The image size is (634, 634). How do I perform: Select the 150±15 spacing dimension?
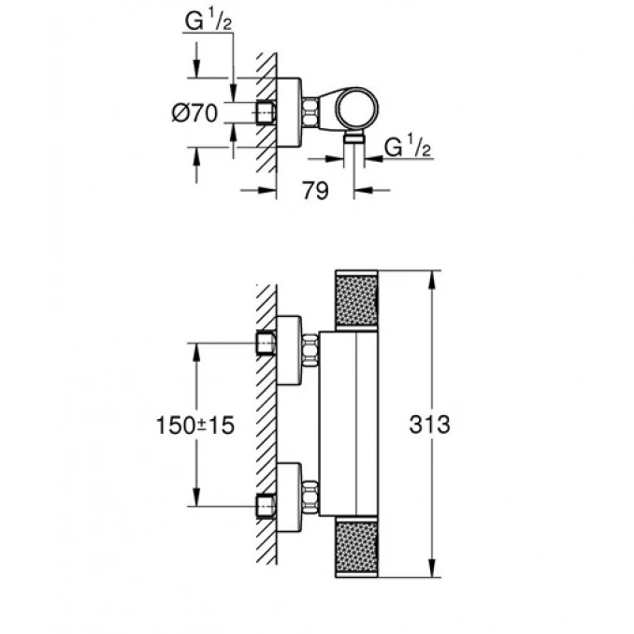[x=195, y=425]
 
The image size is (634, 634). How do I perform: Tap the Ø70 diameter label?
[x=195, y=114]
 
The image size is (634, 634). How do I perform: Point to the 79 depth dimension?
[x=316, y=191]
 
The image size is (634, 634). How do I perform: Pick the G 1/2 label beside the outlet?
[x=407, y=147]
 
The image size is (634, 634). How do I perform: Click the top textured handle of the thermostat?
[x=356, y=302]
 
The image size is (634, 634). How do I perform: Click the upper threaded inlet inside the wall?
[x=267, y=345]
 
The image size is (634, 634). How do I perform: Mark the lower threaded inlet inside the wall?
[x=267, y=505]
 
